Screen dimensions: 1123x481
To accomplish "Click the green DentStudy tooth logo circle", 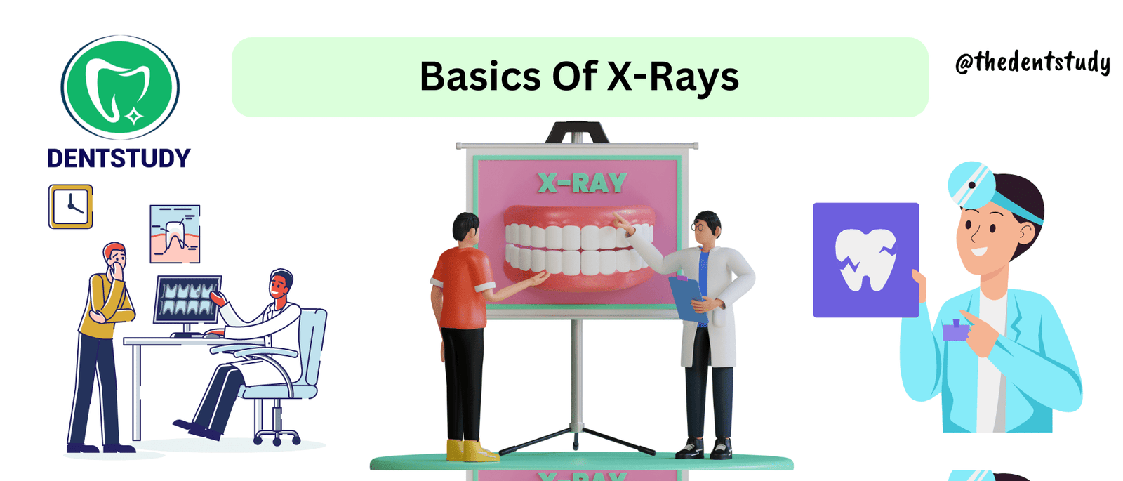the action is point(120,87).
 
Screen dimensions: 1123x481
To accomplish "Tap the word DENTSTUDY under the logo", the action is point(119,158).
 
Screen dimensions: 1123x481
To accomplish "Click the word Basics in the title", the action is point(480,77).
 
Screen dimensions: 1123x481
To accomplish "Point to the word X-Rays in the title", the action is point(673,78).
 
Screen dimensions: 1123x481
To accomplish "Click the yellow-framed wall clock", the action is point(71,206).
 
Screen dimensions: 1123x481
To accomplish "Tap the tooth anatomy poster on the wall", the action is point(175,234).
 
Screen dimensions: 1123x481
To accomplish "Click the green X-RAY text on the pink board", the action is point(582,183).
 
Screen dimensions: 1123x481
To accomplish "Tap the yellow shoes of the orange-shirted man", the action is point(472,450).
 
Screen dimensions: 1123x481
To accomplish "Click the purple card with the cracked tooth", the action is point(866,260).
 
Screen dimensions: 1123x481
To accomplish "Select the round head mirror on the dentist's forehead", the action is point(971,185).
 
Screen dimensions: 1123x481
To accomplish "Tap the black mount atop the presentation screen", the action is point(577,133).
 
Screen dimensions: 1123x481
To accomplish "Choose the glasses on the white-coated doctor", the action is point(698,228).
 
